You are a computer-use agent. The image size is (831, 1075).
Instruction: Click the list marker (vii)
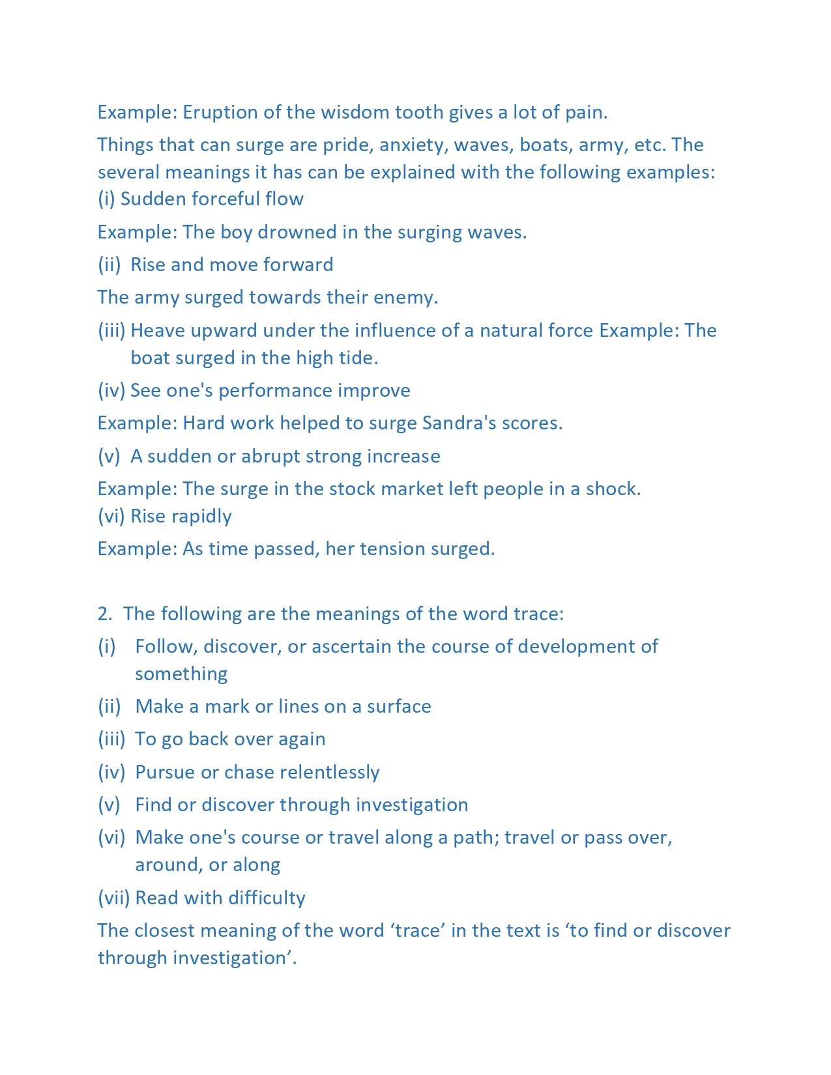113,898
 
